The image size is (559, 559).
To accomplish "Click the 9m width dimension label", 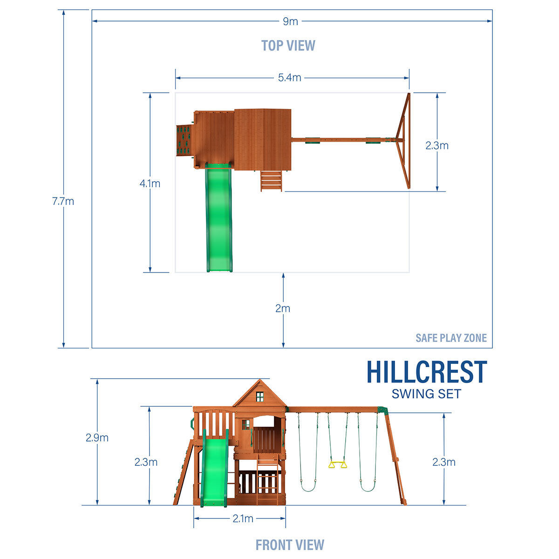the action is [x=290, y=21].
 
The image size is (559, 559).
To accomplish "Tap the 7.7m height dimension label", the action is [x=63, y=201].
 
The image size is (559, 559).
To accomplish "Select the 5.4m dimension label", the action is [x=289, y=77].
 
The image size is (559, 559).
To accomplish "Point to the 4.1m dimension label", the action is [x=150, y=184].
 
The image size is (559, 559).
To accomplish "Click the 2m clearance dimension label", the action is [x=283, y=308].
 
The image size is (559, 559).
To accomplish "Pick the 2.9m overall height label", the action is [x=97, y=437].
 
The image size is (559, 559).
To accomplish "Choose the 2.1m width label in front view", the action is [x=243, y=518].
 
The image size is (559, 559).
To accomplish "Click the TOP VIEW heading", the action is [x=288, y=46].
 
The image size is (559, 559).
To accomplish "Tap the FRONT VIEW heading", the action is [x=290, y=545].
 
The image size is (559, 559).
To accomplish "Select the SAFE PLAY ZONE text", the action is [x=451, y=338].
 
